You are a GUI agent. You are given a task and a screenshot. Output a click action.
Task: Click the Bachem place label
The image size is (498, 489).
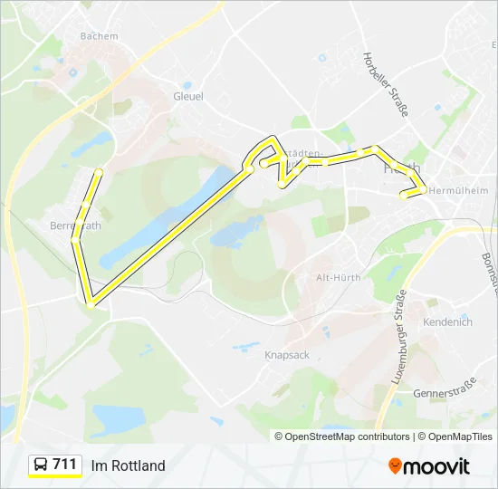99,36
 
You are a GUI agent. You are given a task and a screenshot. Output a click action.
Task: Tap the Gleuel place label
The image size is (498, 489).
188,96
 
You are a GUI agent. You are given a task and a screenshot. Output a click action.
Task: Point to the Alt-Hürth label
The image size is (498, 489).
338,278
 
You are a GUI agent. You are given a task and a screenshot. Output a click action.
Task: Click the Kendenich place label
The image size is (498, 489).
447,322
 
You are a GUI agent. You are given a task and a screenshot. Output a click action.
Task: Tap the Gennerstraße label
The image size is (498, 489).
444,394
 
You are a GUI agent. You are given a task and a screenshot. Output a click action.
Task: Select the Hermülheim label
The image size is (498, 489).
457,191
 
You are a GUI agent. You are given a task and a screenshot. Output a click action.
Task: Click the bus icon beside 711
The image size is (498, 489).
41,465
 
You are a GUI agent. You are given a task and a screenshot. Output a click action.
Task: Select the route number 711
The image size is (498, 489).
65,465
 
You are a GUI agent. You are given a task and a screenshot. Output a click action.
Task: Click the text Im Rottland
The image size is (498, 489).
128,465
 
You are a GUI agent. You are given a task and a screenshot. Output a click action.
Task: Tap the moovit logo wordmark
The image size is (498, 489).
437,466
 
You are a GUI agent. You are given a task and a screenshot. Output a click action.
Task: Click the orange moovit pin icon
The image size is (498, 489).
396,465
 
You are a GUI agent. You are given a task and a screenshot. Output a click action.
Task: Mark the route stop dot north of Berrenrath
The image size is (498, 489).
98,172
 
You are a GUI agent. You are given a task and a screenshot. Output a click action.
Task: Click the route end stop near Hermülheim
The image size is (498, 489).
404,194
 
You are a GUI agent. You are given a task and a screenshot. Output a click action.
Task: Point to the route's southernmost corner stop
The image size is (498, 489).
90,303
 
